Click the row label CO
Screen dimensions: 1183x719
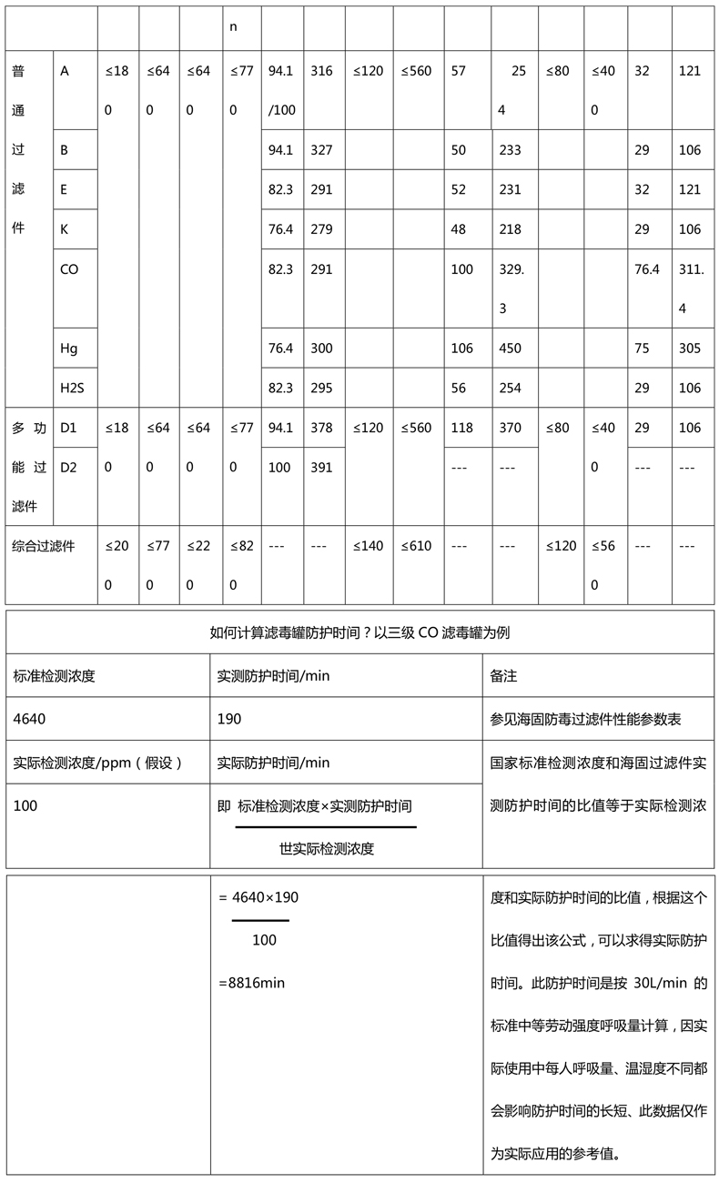coord(69,269)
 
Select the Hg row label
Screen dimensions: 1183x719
coord(69,349)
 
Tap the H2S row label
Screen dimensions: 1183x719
coord(72,388)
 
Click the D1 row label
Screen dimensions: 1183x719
coord(69,428)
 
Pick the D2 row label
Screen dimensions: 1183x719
coord(69,468)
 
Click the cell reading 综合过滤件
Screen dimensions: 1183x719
coord(44,546)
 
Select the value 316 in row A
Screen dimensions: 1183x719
coord(321,71)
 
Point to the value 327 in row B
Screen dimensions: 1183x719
coord(321,150)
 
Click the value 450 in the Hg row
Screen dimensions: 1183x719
coord(510,349)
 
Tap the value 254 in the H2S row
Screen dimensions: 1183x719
coord(510,388)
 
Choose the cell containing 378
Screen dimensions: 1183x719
coord(321,428)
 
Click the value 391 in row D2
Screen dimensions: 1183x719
coord(321,468)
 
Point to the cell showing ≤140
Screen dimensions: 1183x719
coord(369,546)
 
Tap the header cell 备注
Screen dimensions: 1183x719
coord(503,676)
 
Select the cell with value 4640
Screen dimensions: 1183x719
coord(30,719)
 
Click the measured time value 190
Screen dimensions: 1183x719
coord(229,719)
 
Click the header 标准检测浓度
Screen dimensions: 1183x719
coord(54,676)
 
